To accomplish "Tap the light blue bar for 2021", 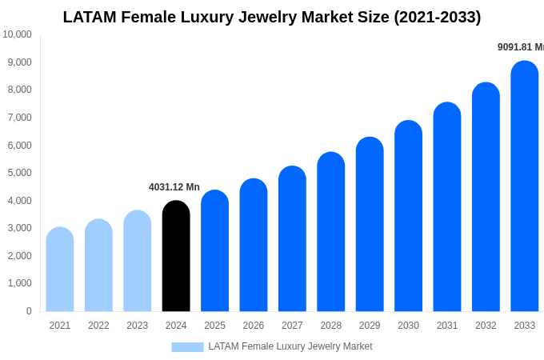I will [x=60, y=270].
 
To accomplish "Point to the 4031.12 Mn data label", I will [x=174, y=187].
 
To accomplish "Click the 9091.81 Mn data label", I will [x=520, y=47].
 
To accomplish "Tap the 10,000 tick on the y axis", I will [x=18, y=34].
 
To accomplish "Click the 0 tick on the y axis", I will [x=29, y=311].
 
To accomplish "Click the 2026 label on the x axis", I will [x=254, y=326].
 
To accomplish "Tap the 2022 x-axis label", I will [x=98, y=326].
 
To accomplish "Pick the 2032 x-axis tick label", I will [x=486, y=326].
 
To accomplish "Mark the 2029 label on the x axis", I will [x=370, y=326].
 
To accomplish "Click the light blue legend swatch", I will [x=187, y=346].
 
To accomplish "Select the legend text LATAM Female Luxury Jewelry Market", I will [x=290, y=346].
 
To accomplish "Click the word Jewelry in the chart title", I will [x=266, y=17].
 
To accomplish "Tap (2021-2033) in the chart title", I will [x=437, y=17].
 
